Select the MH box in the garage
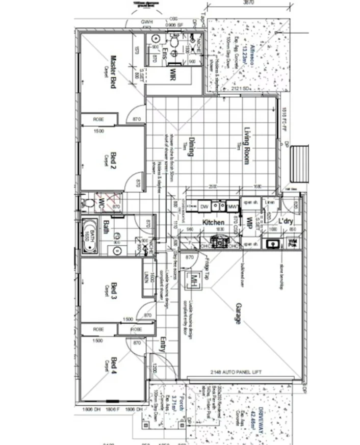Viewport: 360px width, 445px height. [x=194, y=280]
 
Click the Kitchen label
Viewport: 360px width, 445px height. [x=214, y=223]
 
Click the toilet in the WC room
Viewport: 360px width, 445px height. [x=90, y=203]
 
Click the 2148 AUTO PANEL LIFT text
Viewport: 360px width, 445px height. [x=239, y=373]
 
